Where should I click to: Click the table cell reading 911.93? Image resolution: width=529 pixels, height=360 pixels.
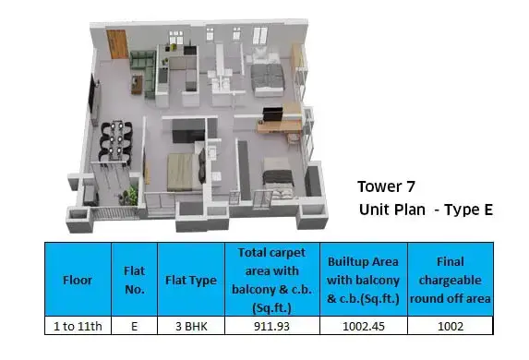(272, 326)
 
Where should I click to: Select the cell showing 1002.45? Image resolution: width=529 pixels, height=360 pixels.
(364, 326)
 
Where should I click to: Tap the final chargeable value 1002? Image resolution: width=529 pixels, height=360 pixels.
(451, 326)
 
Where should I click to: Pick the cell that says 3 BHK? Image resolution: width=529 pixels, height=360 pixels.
(191, 326)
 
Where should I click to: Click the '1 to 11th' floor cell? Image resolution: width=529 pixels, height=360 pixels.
(78, 326)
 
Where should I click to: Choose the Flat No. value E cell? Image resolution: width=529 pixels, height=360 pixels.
(134, 326)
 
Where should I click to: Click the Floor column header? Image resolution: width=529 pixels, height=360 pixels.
(78, 280)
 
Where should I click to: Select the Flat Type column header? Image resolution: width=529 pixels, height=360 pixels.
(191, 280)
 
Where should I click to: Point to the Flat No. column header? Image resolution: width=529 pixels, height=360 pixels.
(134, 280)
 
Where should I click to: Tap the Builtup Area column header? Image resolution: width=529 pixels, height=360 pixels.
(364, 280)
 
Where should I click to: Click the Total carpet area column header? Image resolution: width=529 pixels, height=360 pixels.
(272, 280)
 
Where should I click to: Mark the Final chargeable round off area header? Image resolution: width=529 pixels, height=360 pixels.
(451, 280)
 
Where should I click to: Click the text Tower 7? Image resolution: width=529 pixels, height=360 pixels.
(386, 186)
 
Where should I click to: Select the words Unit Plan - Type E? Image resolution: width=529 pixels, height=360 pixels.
(426, 210)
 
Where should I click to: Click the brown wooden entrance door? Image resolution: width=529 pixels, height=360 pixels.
(117, 44)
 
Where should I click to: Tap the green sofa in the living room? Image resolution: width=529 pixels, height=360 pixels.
(144, 72)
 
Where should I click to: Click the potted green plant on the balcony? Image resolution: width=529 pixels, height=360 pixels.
(130, 196)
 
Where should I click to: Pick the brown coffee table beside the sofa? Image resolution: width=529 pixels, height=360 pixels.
(137, 84)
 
